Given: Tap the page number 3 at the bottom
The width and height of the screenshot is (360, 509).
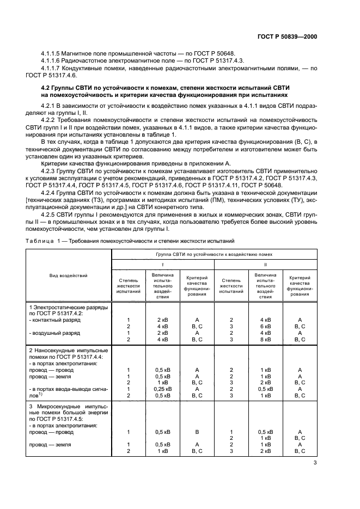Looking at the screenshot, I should click(315, 463).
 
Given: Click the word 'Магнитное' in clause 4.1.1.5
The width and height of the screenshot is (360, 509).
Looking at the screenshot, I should click(83, 53).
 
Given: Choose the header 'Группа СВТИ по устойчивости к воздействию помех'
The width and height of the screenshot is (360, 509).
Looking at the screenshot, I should click(213, 254).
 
